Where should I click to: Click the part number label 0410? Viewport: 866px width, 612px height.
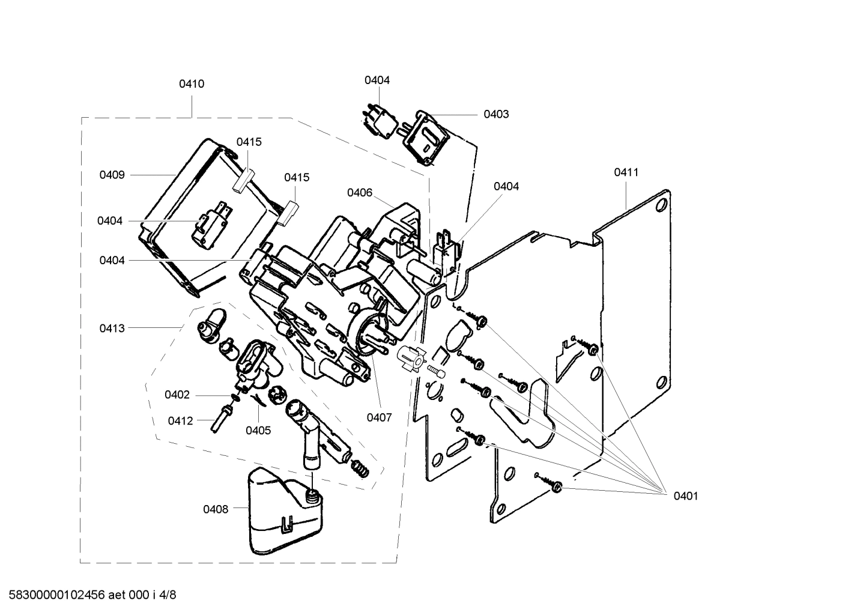click(192, 84)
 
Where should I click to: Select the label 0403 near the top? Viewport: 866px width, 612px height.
click(496, 114)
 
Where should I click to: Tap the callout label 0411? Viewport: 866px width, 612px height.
click(626, 172)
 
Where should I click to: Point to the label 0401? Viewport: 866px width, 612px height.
click(685, 495)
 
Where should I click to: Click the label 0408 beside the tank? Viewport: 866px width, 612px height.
click(215, 509)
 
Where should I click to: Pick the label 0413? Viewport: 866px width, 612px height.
click(112, 328)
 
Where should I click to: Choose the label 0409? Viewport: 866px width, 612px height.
click(112, 175)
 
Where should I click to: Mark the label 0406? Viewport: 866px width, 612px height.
click(360, 193)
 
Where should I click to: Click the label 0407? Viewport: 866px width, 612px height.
click(379, 417)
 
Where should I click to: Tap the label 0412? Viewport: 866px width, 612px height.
click(180, 420)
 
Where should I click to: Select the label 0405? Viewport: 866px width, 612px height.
click(258, 430)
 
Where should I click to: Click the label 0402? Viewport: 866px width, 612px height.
click(177, 395)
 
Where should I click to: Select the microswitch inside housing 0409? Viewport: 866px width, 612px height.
click(207, 230)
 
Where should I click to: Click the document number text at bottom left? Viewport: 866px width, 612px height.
click(88, 595)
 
